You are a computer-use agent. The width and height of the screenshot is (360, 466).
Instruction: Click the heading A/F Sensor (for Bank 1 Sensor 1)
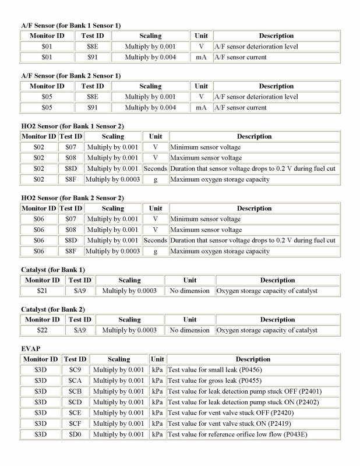point(70,25)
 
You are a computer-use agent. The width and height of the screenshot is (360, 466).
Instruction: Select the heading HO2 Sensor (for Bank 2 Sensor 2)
point(72,197)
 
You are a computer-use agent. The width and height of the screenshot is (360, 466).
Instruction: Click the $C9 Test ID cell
point(74,370)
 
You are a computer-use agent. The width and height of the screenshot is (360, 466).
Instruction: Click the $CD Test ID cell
point(74,403)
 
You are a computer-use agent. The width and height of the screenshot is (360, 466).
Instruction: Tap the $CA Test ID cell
point(74,382)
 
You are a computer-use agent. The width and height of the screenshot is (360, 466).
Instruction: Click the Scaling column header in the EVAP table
point(118,359)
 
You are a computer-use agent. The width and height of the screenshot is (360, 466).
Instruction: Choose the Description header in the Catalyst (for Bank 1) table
point(277,280)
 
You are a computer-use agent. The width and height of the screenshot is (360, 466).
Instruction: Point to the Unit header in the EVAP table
point(157,359)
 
